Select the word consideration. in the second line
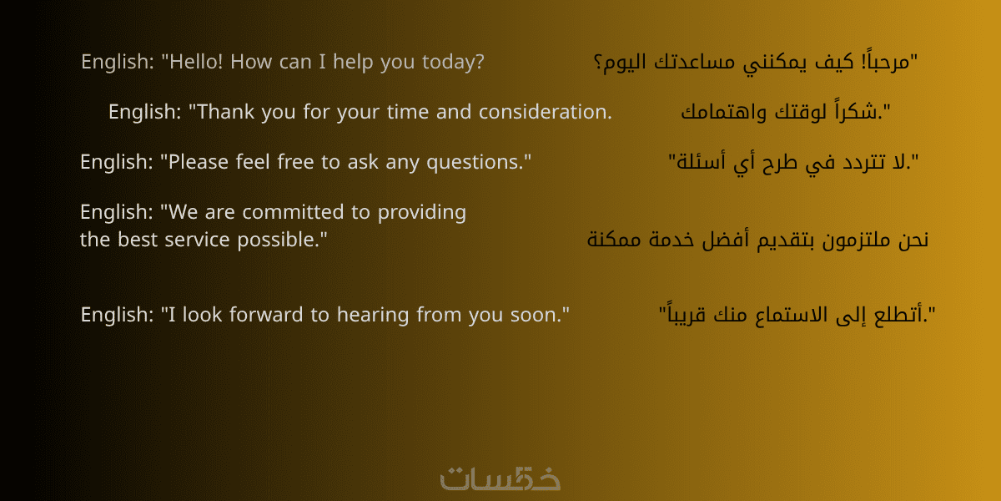pyautogui.click(x=546, y=111)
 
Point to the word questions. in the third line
pyautogui.click(x=479, y=162)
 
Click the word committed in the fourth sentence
pyautogui.click(x=293, y=211)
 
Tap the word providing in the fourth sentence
pyautogui.click(x=422, y=212)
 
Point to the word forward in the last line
pyautogui.click(x=266, y=315)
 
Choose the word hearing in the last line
pyautogui.click(x=373, y=316)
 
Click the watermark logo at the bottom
pyautogui.click(x=500, y=478)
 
